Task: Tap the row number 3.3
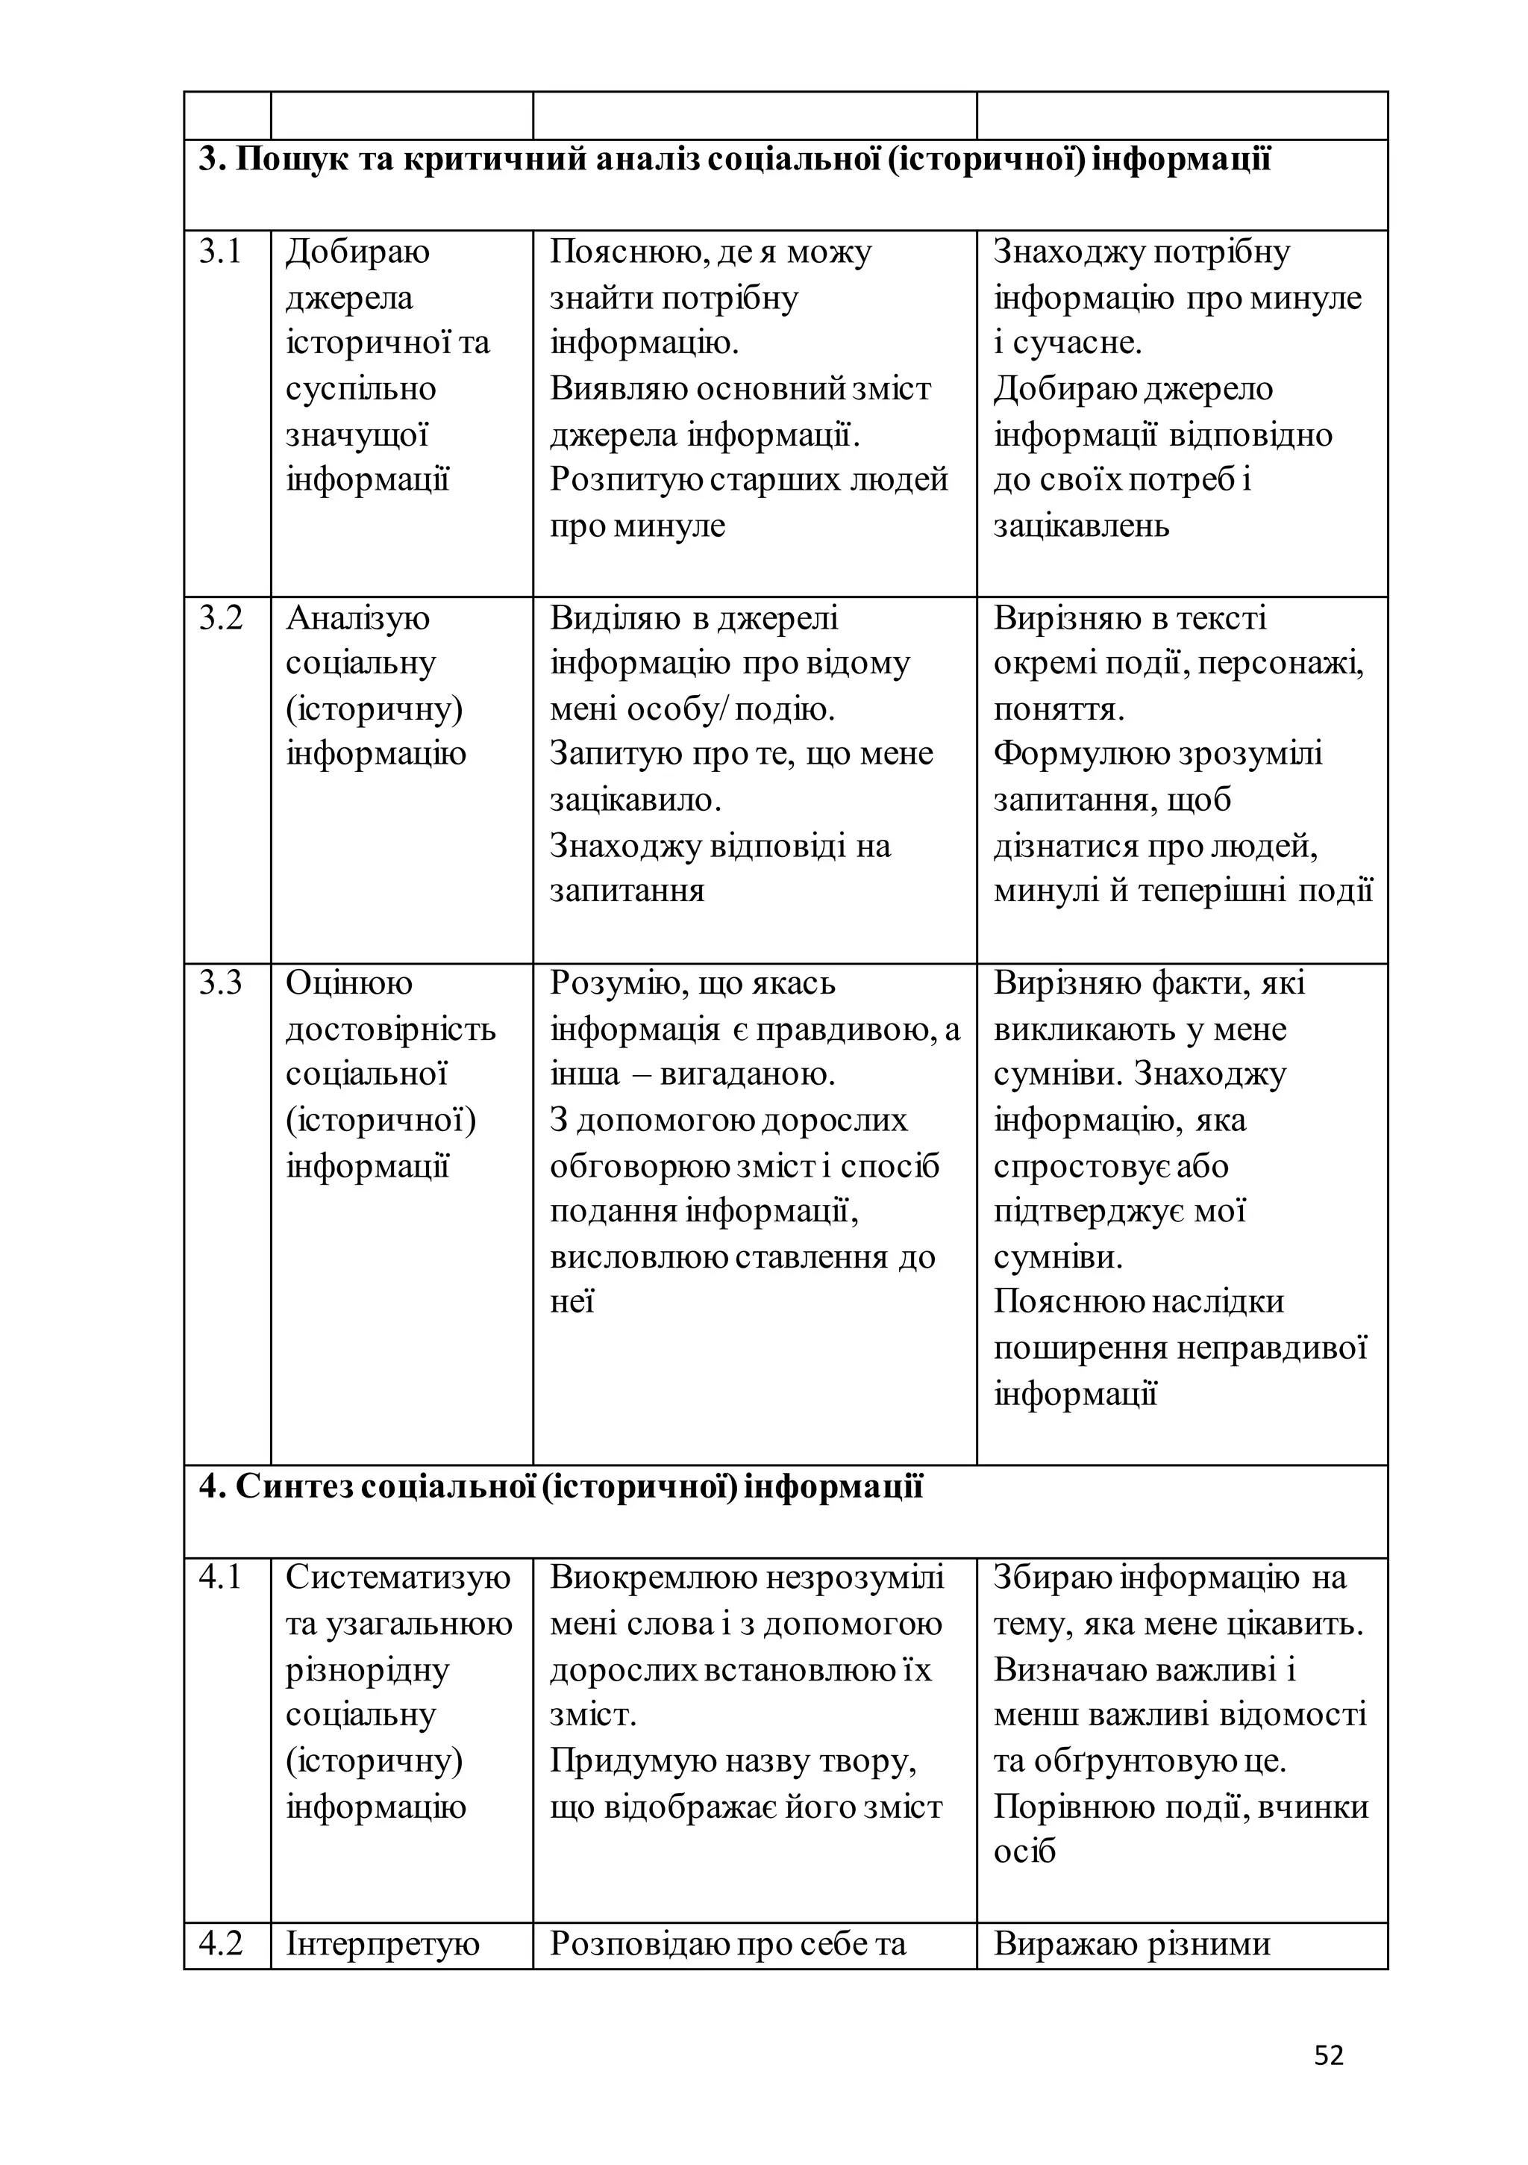tap(221, 983)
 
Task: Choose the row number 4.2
tap(221, 1943)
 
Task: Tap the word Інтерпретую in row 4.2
tap(383, 1943)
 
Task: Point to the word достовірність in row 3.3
tap(390, 1029)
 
